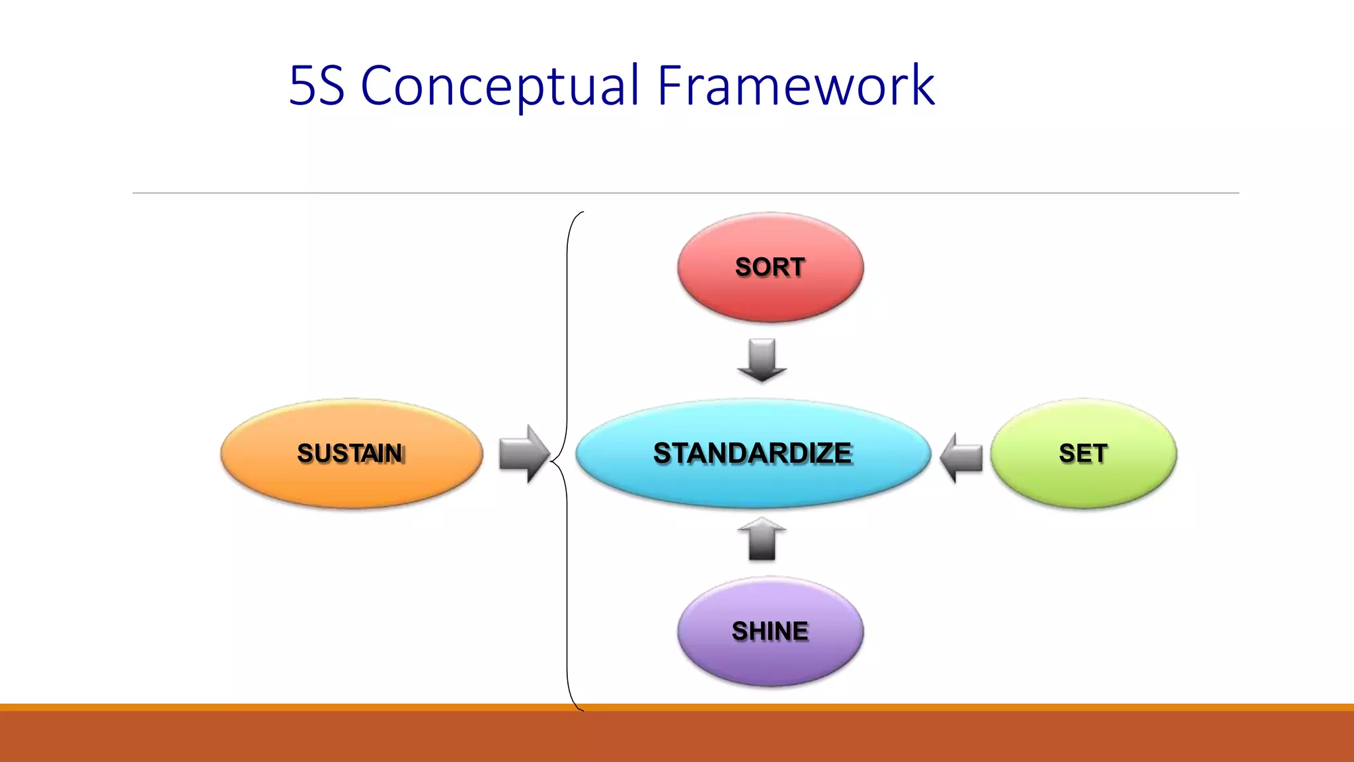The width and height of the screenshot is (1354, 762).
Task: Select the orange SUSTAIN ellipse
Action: click(x=351, y=483)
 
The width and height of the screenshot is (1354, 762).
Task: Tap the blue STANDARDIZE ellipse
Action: click(x=753, y=483)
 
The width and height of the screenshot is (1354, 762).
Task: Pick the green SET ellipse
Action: click(x=1083, y=483)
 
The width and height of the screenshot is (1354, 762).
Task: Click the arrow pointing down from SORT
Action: click(x=762, y=360)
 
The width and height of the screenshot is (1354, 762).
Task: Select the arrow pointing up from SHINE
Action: click(x=762, y=538)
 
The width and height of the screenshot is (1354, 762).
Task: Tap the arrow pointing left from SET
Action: click(x=961, y=457)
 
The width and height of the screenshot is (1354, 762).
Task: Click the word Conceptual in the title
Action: click(x=500, y=86)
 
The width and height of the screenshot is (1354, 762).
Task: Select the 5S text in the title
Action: click(x=317, y=86)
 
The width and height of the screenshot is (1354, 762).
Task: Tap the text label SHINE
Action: click(x=770, y=631)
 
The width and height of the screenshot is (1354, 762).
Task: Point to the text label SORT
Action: click(x=770, y=267)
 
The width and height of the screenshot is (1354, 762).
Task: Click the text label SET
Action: click(x=1083, y=454)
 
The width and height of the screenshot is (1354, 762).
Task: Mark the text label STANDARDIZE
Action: click(x=753, y=454)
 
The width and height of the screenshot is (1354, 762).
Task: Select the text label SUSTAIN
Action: click(x=351, y=454)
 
